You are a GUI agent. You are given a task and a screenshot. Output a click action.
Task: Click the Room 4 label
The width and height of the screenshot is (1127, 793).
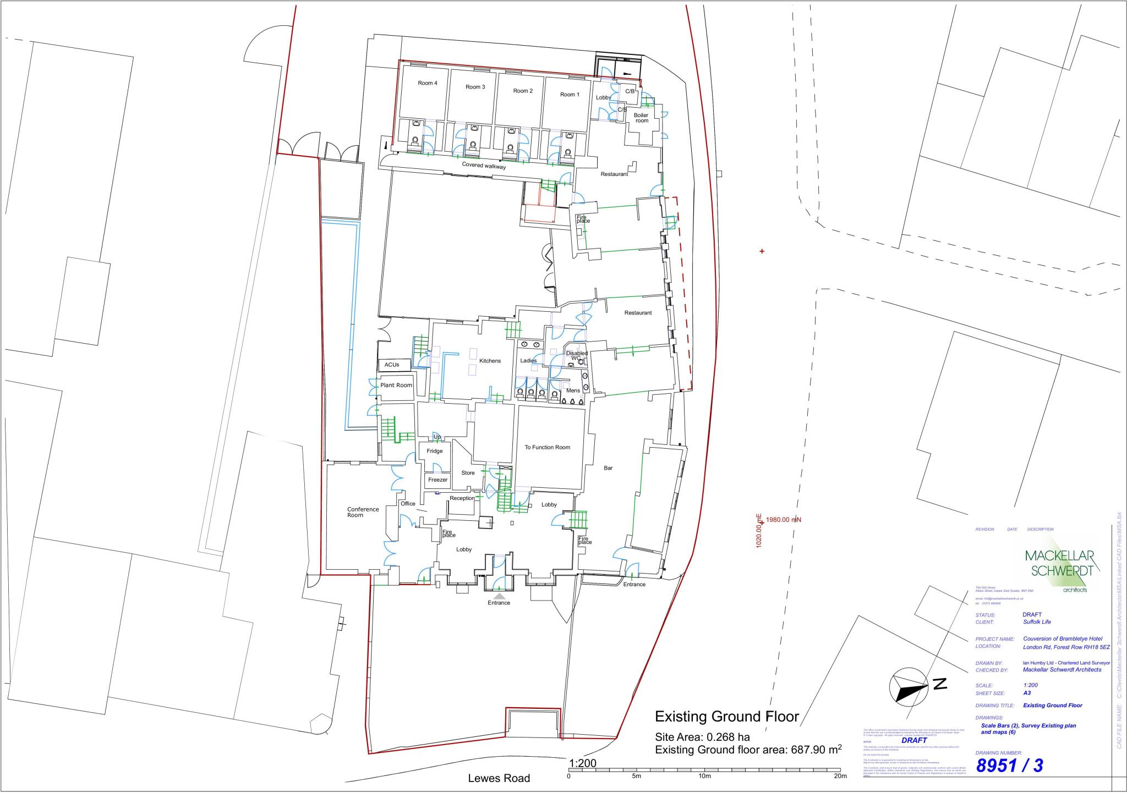coord(428,83)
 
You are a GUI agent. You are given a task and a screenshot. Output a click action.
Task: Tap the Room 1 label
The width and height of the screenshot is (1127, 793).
coord(570,95)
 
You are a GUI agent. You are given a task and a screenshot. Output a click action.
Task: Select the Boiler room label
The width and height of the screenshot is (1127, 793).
coord(641,118)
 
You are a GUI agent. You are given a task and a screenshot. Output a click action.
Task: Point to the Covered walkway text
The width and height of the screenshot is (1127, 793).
coord(484,166)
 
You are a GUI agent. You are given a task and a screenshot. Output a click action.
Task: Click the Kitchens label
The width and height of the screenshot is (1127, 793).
coord(490,361)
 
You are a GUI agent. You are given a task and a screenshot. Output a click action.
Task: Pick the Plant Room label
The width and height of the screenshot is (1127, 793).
coord(396,385)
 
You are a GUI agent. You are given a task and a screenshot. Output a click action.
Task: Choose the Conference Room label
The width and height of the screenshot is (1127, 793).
coord(363,512)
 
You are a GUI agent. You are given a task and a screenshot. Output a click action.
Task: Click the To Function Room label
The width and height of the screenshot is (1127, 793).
coord(547,447)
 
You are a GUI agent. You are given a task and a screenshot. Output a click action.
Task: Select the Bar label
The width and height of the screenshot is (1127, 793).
coord(608,468)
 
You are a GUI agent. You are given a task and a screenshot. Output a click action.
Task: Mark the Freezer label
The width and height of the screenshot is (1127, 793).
coord(438,480)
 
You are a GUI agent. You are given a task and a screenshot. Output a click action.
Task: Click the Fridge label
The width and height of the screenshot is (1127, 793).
coord(434,451)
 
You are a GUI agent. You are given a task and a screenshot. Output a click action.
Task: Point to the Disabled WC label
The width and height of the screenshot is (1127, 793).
coord(576,355)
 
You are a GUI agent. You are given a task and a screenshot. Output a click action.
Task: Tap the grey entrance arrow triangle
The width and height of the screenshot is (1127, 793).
coord(499,596)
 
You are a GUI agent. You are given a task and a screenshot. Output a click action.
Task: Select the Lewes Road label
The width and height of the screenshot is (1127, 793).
coord(499,778)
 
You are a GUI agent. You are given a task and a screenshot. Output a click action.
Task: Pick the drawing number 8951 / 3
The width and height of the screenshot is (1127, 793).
coord(1009,766)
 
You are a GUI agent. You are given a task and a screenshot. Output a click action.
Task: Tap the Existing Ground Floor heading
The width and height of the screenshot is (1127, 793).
coord(726,717)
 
